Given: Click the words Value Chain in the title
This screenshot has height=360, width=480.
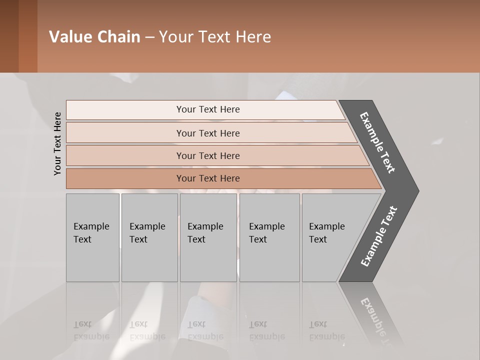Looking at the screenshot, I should pos(94,37).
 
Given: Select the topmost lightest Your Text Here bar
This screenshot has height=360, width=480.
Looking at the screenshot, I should pos(208,109).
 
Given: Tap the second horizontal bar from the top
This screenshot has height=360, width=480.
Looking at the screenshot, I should pos(208,133).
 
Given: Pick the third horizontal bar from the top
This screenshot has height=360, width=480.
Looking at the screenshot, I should pos(208,155).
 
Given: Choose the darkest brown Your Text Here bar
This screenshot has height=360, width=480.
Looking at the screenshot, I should pos(208,178).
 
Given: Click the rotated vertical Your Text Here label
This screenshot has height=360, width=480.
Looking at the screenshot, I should pos(57,143).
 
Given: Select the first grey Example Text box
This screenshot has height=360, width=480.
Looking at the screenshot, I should pos(92,237).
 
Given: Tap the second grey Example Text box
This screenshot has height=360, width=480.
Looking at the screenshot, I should pos(149,237).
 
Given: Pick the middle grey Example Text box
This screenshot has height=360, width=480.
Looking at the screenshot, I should pos(208,237).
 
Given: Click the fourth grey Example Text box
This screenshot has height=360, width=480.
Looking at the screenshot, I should pos(269,237).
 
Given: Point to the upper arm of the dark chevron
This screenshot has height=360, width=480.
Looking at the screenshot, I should pos(377,142).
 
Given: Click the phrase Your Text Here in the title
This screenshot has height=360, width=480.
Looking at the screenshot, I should pos(215,37).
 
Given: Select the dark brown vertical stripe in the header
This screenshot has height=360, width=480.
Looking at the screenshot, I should pos(28,36).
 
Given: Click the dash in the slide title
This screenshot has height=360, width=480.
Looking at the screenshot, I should pos(149,37).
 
